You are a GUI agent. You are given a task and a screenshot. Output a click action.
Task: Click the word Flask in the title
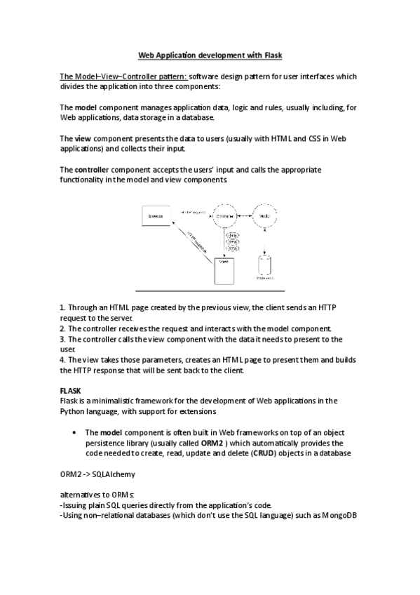(270, 54)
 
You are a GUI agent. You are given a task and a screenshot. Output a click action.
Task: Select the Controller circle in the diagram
(224, 215)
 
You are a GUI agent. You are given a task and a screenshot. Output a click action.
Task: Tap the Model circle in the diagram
(264, 215)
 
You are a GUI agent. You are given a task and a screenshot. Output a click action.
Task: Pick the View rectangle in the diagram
(224, 271)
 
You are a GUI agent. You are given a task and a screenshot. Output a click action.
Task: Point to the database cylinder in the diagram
(264, 267)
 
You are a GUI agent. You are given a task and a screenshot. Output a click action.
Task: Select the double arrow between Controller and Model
(245, 215)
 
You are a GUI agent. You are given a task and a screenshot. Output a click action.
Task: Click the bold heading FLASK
(71, 391)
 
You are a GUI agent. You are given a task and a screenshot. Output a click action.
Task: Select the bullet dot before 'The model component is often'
(74, 433)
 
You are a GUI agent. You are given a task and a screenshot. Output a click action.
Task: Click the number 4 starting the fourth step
(62, 360)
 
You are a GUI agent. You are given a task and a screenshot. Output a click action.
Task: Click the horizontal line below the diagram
(210, 290)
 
